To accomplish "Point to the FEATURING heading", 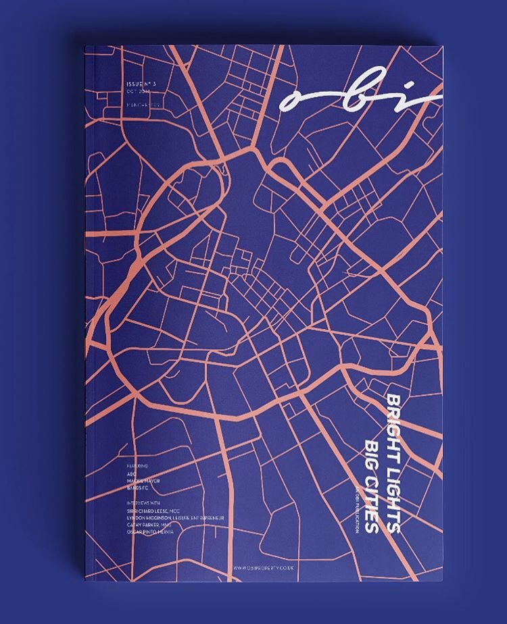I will point(137,466).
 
